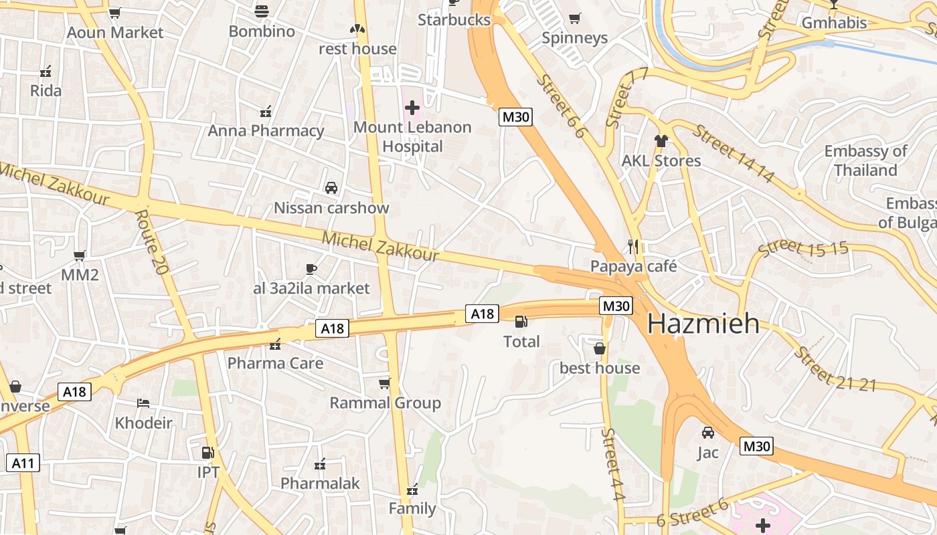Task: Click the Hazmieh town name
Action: [x=703, y=324]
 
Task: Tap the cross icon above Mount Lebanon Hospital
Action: [x=412, y=107]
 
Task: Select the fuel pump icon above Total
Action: [x=521, y=322]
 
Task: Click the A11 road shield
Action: [x=23, y=462]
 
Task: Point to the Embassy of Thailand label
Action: [x=865, y=160]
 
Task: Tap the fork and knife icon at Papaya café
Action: [x=633, y=246]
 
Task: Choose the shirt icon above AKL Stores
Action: [x=661, y=140]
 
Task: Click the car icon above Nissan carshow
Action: [x=331, y=188]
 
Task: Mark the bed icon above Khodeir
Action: [x=143, y=403]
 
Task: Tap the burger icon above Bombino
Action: [x=262, y=11]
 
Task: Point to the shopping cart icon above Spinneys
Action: [x=574, y=18]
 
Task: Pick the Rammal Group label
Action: [x=385, y=403]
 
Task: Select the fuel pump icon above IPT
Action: [x=208, y=453]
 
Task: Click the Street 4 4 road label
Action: [x=612, y=464]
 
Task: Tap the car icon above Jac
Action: [x=707, y=433]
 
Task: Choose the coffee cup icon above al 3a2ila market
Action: [x=311, y=269]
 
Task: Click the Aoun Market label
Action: [x=115, y=32]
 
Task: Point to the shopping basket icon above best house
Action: [x=600, y=348]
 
